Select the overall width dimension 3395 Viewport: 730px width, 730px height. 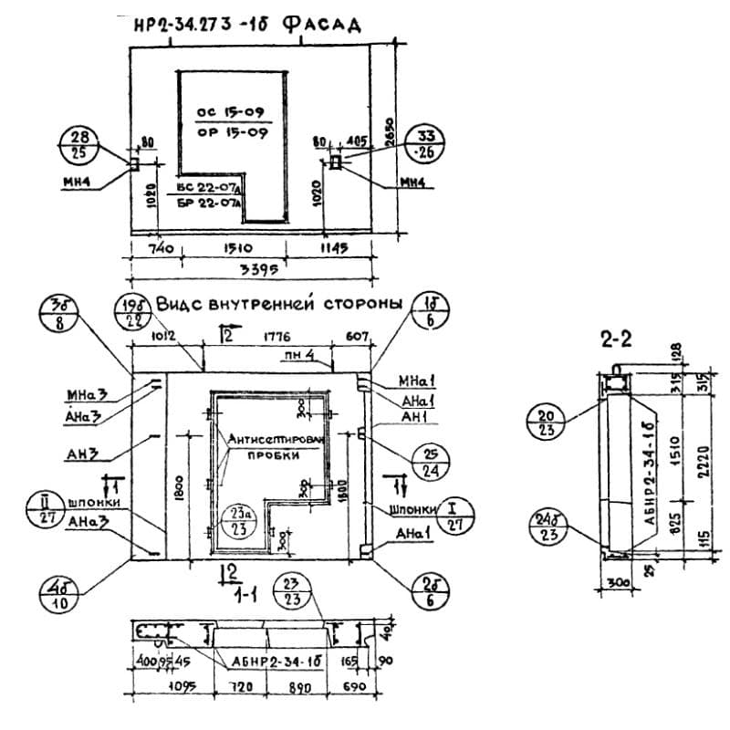click(x=257, y=271)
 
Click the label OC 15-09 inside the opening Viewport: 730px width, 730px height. click(x=231, y=112)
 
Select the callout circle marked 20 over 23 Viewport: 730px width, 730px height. click(x=547, y=422)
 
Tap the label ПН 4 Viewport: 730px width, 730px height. click(x=318, y=355)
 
